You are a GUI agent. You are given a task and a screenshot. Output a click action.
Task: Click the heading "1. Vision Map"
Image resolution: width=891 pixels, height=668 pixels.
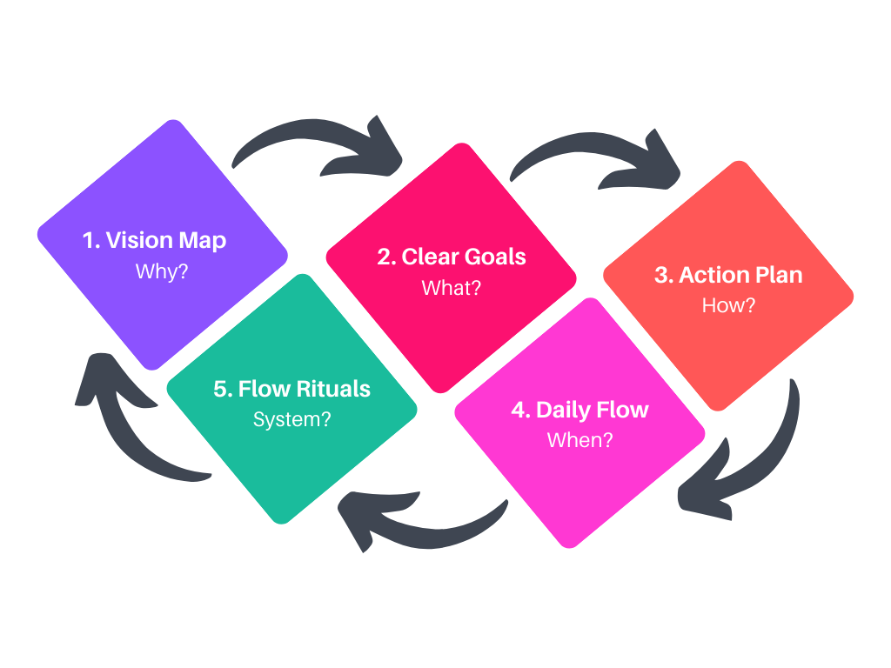coord(155,240)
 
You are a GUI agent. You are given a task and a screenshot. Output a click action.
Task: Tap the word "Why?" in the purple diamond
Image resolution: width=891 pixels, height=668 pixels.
coord(162,271)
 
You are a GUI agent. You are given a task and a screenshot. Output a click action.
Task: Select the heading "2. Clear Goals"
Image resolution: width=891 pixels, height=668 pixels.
coord(452,257)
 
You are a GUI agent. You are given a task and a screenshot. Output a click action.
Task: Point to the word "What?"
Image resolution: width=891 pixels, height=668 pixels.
coord(451,288)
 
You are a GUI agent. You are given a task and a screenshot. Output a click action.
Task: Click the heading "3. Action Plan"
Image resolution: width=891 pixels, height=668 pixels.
coord(728,275)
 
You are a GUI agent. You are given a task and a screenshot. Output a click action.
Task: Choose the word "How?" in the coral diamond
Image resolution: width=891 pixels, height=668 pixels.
coord(728,306)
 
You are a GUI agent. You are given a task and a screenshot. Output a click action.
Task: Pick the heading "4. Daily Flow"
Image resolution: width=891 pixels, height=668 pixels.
coord(579,410)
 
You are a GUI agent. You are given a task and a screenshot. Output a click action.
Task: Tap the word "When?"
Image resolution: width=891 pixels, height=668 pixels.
coord(579,440)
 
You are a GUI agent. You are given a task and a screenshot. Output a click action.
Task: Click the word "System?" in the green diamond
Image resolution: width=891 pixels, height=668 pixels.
coord(291,419)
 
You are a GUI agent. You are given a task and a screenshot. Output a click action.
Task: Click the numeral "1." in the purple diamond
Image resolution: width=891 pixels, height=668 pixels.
coord(91,240)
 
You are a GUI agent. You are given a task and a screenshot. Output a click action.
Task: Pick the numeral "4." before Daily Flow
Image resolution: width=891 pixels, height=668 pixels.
coord(520,410)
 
